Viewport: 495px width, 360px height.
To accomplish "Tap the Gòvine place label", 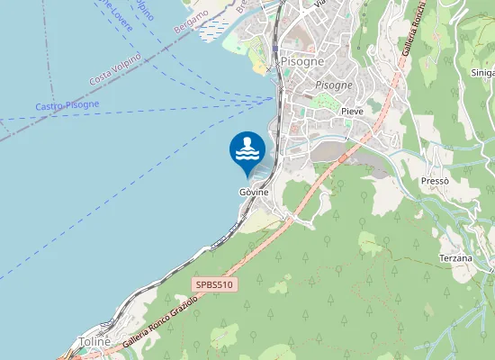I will point(254,193).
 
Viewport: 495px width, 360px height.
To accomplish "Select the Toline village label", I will point(94,342).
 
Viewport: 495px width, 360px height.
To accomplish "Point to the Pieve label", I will point(352,111).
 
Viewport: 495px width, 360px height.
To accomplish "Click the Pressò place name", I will point(435,181).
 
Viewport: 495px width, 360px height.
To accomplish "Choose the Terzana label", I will point(455,258).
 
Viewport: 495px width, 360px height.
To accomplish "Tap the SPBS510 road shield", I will point(214,285).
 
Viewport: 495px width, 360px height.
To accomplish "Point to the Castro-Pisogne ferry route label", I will point(67,105).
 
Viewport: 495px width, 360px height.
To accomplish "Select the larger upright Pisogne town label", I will point(303,61).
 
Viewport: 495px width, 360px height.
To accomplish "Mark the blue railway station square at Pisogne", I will point(275,49).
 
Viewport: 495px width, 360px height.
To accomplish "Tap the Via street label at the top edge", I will point(319,4).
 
